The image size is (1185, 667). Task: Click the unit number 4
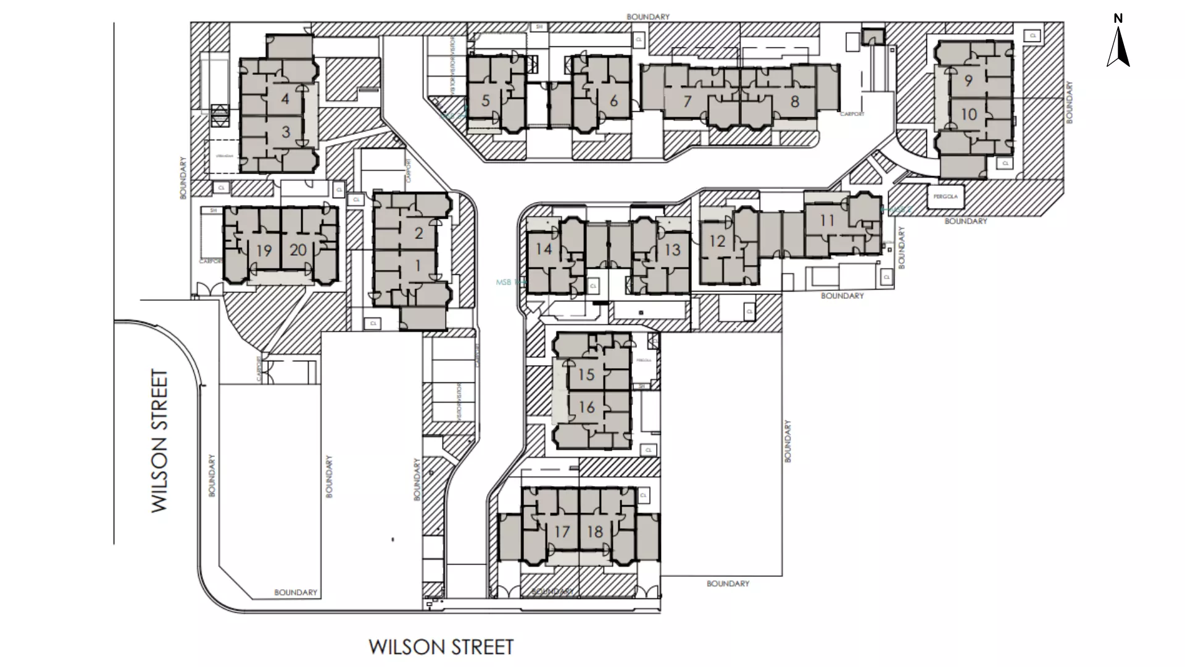[x=285, y=99]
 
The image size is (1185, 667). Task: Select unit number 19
[x=264, y=251]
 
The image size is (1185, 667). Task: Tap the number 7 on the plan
[x=688, y=101]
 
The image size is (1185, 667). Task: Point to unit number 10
[x=968, y=114]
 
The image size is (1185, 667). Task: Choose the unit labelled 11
[x=827, y=220]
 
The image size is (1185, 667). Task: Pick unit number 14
[x=544, y=249]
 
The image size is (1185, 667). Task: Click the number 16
[x=586, y=407]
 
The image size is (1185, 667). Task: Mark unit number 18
[x=595, y=532]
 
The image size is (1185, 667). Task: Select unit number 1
[x=418, y=266]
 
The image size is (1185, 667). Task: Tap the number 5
[x=486, y=101]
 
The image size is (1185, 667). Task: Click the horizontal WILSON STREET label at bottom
[x=441, y=647]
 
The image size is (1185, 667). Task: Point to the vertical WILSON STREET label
[x=160, y=441]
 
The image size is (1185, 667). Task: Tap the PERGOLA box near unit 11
[x=945, y=196]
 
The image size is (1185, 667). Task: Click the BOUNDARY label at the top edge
[x=647, y=17]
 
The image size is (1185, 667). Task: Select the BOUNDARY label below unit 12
[x=842, y=296]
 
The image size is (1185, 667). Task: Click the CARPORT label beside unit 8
[x=852, y=114]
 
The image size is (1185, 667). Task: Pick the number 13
[x=672, y=250]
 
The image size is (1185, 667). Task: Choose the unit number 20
[x=298, y=250]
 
